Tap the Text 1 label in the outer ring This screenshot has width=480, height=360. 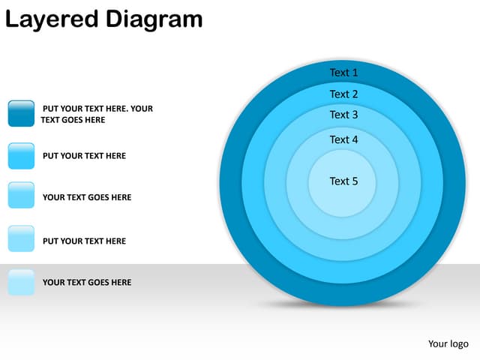pos(343,73)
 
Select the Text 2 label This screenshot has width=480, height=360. pos(343,94)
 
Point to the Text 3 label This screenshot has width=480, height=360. pos(343,115)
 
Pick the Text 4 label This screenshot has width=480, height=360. pos(343,139)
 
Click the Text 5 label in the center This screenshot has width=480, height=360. pos(343,181)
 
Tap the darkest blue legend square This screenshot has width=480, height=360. pos(21,113)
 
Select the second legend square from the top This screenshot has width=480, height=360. pos(21,156)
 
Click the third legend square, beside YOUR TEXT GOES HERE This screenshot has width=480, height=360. pos(21,195)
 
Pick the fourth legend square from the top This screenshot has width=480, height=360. pos(21,238)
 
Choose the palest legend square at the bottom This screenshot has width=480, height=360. pos(21,282)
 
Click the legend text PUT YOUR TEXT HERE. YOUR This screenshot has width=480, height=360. pos(97,109)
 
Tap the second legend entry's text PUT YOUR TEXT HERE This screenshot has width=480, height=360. pos(84,156)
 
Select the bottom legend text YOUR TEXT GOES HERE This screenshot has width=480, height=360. pos(87,282)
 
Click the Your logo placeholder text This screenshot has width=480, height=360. pos(448,344)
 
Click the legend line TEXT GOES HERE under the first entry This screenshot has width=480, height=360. pos(73,120)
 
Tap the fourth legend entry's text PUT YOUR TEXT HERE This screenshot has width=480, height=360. pos(84,241)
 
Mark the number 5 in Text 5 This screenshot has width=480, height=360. pos(355,181)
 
